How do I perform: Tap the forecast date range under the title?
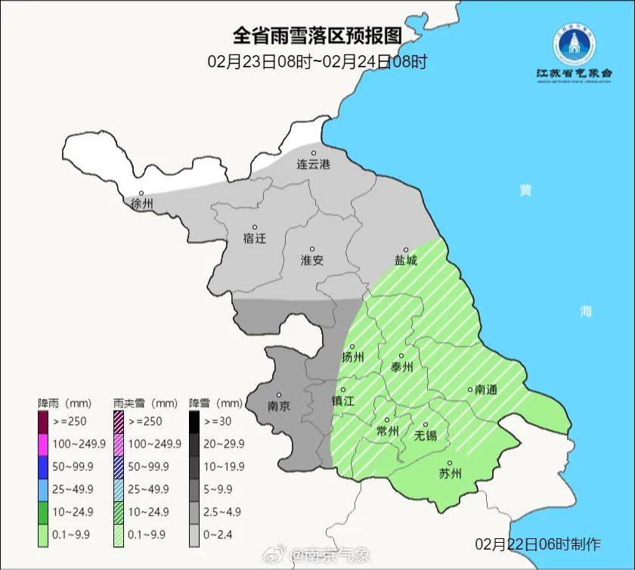click(x=317, y=61)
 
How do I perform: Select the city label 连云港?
click(x=313, y=164)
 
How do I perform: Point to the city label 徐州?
click(x=141, y=204)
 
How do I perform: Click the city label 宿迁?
click(x=255, y=238)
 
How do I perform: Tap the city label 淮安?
click(x=312, y=260)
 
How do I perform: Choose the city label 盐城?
click(x=405, y=260)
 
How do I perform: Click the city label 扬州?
click(x=353, y=358)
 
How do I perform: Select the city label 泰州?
click(x=401, y=367)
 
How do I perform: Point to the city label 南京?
click(x=279, y=405)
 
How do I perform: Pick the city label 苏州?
click(x=450, y=474)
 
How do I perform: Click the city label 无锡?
click(x=426, y=435)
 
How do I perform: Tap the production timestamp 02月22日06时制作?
click(x=537, y=544)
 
